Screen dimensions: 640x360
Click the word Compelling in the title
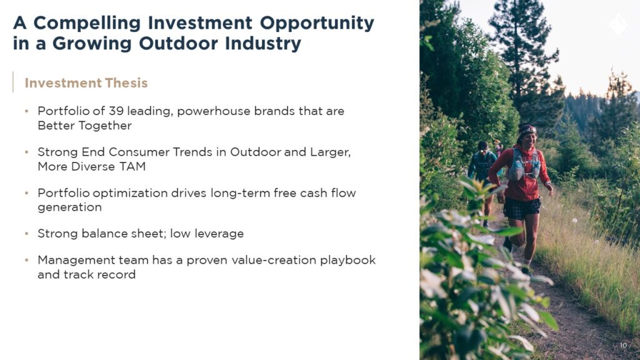pyautogui.click(x=87, y=24)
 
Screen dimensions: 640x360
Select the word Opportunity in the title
pyautogui.click(x=317, y=24)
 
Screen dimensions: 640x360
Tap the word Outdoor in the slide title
pyautogui.click(x=179, y=43)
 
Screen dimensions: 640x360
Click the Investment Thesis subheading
pyautogui.click(x=86, y=83)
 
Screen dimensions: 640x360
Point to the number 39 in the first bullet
pyautogui.click(x=116, y=111)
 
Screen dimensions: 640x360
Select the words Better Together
pyautogui.click(x=84, y=126)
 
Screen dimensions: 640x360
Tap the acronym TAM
pyautogui.click(x=132, y=166)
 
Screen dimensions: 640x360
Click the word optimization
pyautogui.click(x=130, y=193)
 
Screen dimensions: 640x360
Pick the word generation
pyautogui.click(x=70, y=207)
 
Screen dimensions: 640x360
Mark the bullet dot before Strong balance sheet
pyautogui.click(x=26, y=234)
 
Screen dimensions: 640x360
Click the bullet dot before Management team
pyautogui.click(x=26, y=260)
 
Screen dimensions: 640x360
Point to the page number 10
pyautogui.click(x=623, y=345)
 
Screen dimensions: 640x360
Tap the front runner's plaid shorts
pyautogui.click(x=521, y=207)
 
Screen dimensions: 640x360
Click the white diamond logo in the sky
pyautogui.click(x=618, y=24)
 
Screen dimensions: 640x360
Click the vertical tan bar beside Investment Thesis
pyautogui.click(x=13, y=82)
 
